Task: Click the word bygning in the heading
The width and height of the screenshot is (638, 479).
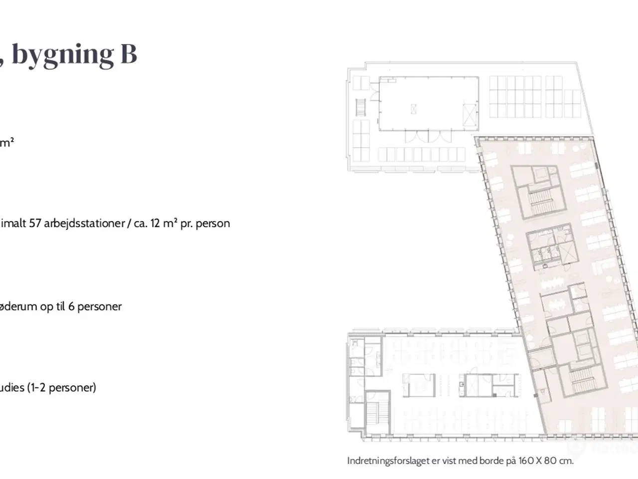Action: click(62, 55)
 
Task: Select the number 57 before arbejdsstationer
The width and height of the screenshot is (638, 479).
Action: click(35, 224)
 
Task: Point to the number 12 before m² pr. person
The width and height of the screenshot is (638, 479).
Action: click(155, 224)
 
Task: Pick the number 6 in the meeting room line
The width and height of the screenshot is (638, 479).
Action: click(71, 306)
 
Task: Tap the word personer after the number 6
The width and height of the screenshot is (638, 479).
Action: click(99, 307)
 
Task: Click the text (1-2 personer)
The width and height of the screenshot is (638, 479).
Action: click(62, 388)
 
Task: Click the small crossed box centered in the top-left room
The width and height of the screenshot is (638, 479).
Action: click(413, 109)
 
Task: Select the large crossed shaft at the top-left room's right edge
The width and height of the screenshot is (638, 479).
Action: click(470, 115)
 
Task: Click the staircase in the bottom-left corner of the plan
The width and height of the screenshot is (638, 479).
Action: click(377, 414)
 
